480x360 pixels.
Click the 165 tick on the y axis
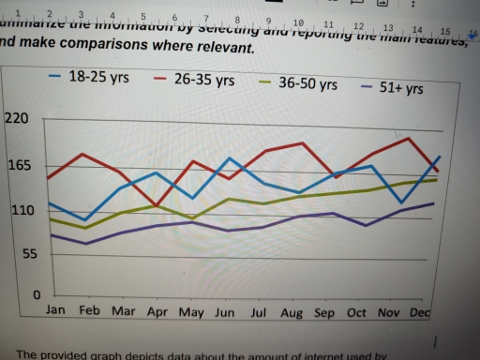19,167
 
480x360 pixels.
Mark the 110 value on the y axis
21,210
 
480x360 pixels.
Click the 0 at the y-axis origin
37,295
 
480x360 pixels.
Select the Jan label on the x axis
55,309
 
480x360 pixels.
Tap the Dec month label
421,311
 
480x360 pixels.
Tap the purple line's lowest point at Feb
86,244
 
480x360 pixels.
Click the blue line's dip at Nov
401,202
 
